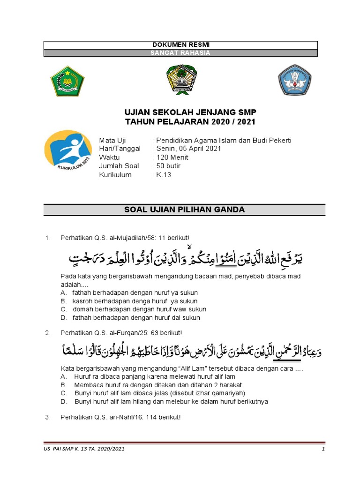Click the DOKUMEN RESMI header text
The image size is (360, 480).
[x=180, y=45]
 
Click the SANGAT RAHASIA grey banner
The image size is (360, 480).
[x=180, y=53]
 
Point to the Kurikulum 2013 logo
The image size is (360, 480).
[x=68, y=151]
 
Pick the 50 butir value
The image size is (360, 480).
[x=168, y=166]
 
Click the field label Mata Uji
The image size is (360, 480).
[x=112, y=141]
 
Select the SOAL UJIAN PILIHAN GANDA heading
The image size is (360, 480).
[x=184, y=210]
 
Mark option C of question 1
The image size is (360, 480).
[x=139, y=309]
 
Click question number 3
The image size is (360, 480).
[x=47, y=417]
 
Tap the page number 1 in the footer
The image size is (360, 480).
[x=323, y=450]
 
